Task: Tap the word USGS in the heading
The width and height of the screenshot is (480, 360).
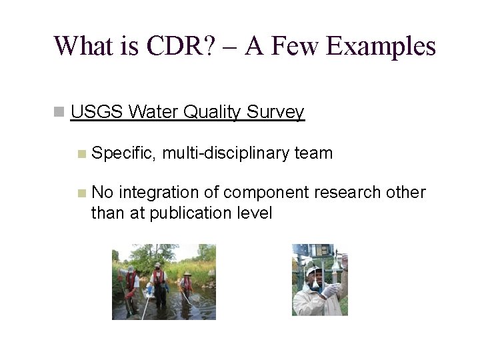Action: (97, 113)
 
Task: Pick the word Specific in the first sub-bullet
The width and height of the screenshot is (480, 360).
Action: (124, 153)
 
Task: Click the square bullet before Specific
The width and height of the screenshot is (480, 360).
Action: (81, 154)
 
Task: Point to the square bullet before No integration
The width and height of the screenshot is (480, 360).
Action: (81, 193)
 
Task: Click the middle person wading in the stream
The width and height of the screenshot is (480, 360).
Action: (159, 283)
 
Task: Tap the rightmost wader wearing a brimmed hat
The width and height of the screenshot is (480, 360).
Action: (186, 283)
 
